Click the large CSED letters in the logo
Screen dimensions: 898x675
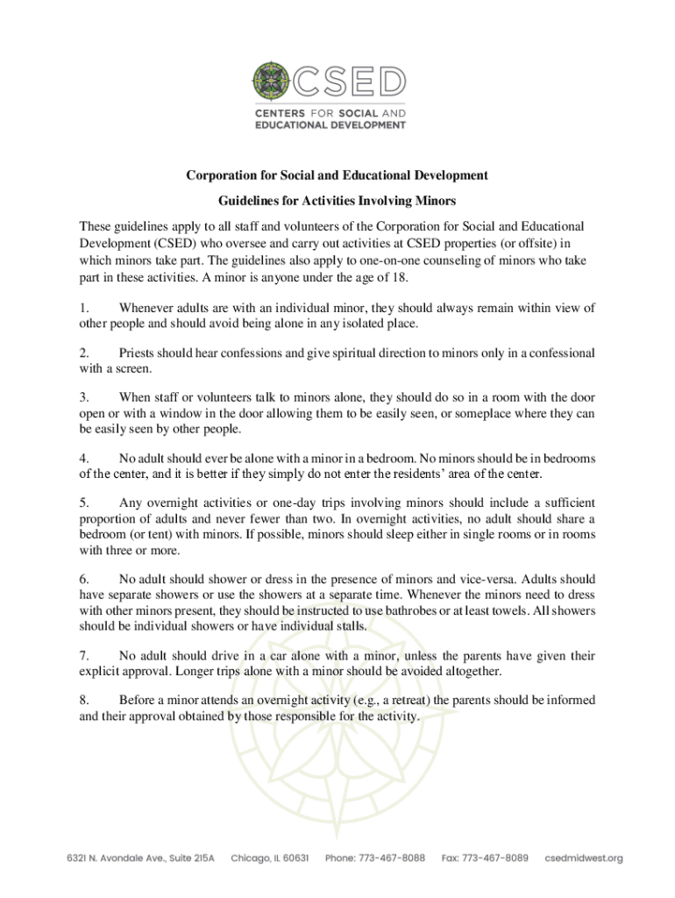349,83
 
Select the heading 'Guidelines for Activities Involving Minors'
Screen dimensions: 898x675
337,201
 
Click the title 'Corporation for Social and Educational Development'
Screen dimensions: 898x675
337,175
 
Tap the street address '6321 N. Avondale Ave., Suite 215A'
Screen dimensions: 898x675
139,858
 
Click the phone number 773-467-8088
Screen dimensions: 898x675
375,858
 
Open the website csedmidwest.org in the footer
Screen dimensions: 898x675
584,858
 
